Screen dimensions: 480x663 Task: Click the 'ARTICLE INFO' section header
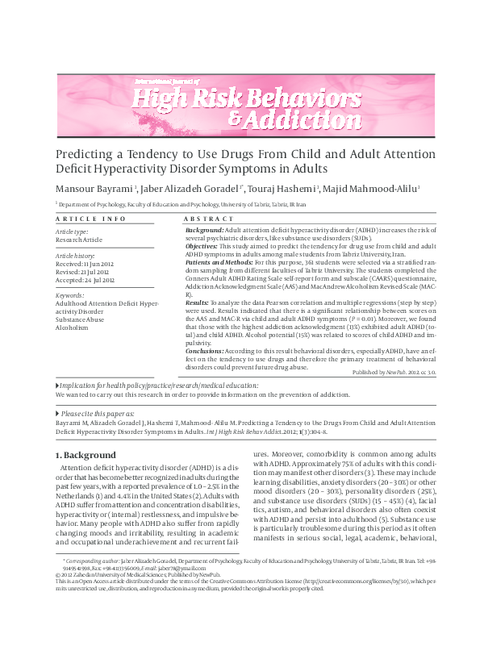90,219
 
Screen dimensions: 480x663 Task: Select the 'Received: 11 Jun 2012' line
85,263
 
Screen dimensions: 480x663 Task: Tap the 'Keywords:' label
70,295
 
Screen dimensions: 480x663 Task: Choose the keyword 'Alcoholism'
72,327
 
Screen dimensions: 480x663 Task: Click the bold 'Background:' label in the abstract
205,231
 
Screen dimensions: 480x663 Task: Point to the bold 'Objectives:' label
205,247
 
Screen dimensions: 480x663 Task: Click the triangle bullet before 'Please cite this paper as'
57,413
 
